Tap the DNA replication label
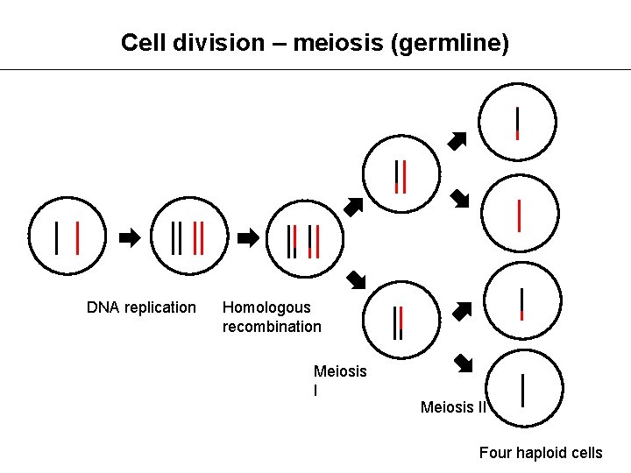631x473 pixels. click(141, 307)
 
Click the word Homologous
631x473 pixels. click(266, 307)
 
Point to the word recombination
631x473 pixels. click(272, 327)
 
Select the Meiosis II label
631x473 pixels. click(453, 407)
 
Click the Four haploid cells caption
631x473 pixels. click(541, 453)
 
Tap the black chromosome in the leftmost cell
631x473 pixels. click(57, 237)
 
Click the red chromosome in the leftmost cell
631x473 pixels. click(78, 237)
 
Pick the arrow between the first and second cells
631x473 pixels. click(129, 237)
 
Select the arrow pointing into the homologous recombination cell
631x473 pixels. click(248, 237)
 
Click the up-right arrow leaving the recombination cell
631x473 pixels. click(352, 207)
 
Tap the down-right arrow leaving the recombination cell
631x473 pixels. click(355, 280)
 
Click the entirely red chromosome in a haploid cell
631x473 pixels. click(520, 215)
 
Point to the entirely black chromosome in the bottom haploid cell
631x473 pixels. click(523, 390)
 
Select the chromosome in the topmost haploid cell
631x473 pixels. click(518, 123)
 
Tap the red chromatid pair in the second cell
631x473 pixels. click(199, 237)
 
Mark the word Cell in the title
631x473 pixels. click(139, 42)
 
